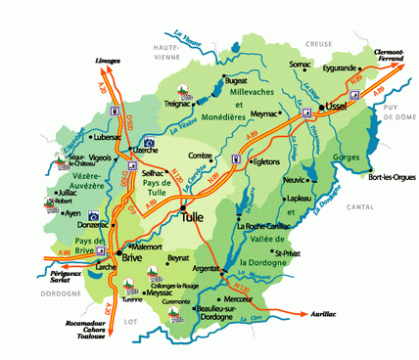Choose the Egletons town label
pos(267,162)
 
